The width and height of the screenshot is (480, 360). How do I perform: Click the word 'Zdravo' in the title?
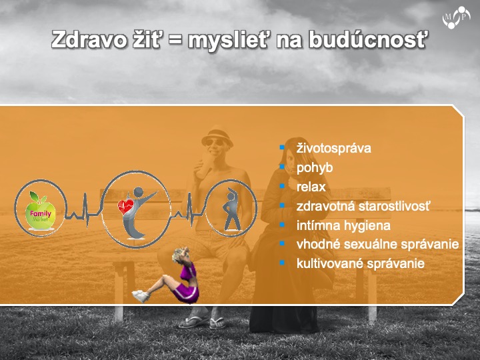[x=89, y=40]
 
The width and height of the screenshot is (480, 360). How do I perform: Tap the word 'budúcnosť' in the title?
[x=367, y=39]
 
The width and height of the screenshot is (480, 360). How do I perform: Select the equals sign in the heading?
[x=174, y=41]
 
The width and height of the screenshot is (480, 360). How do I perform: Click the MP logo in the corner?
[x=456, y=17]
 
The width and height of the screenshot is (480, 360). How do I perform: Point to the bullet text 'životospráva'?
[x=334, y=148]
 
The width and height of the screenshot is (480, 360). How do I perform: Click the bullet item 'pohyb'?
[x=315, y=168]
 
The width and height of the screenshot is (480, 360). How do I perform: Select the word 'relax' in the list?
[x=311, y=187]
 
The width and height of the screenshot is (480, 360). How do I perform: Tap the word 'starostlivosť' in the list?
[x=395, y=206]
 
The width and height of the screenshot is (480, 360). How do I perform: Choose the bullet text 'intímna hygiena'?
[x=343, y=225]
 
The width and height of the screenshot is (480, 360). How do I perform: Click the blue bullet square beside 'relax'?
[x=282, y=186]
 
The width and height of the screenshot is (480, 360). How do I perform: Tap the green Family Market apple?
[x=41, y=211]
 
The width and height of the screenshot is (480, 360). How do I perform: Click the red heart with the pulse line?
[x=125, y=206]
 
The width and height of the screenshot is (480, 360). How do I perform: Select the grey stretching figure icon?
[x=232, y=209]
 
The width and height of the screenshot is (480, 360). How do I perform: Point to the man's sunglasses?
[x=215, y=143]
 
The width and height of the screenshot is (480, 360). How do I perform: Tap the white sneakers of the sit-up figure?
[x=141, y=296]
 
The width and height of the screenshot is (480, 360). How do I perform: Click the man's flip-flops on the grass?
[x=202, y=322]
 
